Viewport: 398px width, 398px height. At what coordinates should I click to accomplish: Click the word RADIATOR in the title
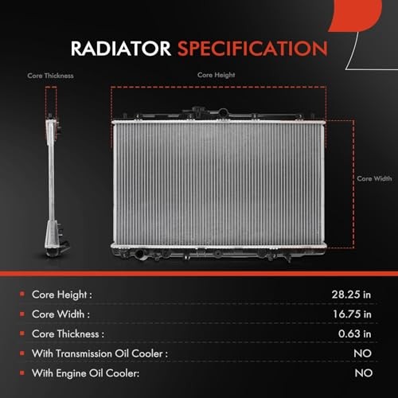click(x=121, y=49)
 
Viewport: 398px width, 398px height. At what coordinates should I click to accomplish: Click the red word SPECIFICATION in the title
click(x=252, y=49)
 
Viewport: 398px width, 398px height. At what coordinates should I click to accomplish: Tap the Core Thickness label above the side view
click(x=50, y=76)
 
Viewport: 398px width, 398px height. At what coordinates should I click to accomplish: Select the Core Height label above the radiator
click(x=216, y=75)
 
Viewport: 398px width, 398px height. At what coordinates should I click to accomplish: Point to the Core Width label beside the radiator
click(x=374, y=178)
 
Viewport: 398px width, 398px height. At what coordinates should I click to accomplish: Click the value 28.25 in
click(x=351, y=295)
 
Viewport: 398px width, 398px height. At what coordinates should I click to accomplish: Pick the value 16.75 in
click(x=352, y=314)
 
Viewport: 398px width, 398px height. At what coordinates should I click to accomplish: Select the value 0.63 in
click(x=354, y=334)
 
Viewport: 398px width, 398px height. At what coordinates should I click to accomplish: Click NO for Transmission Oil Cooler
click(x=362, y=353)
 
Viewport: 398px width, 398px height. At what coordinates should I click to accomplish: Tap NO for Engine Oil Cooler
click(x=364, y=373)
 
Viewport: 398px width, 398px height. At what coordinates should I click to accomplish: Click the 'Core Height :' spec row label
click(x=62, y=295)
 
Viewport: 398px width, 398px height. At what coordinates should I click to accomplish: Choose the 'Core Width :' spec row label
click(x=60, y=314)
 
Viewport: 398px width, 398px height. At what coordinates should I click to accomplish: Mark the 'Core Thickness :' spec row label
click(x=68, y=334)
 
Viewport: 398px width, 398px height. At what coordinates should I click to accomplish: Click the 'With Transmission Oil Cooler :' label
click(x=99, y=353)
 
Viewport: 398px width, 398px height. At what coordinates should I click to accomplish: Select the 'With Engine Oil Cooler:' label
click(x=85, y=373)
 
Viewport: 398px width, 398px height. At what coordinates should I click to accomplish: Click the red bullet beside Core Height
click(x=22, y=294)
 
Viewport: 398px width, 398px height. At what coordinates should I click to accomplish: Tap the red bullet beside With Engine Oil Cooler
click(x=22, y=373)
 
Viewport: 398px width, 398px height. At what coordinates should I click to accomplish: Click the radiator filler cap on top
click(x=198, y=111)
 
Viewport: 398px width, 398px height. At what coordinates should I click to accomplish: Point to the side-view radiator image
click(x=54, y=185)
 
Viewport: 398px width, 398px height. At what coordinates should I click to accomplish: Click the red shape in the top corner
click(x=357, y=14)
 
